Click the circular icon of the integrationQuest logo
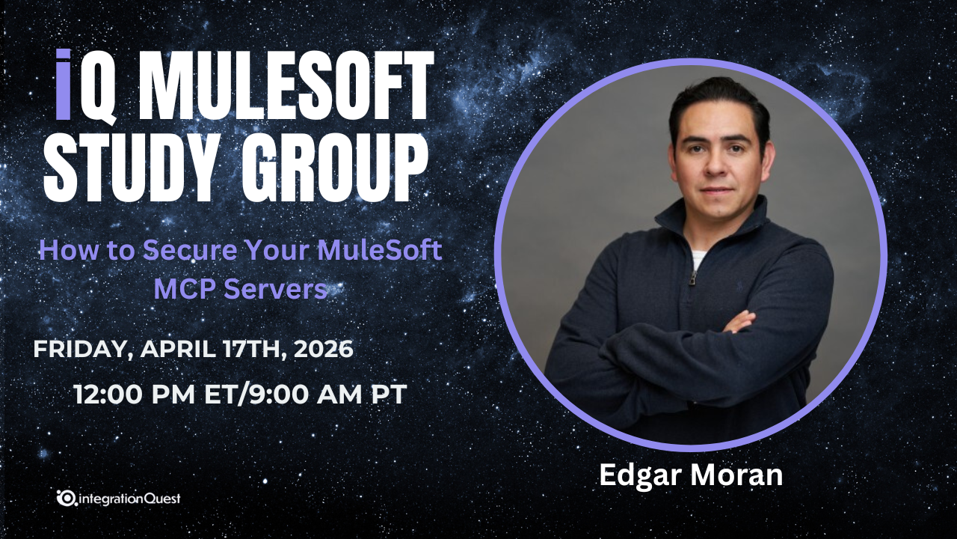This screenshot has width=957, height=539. coord(67,498)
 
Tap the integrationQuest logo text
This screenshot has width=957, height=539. coord(129,498)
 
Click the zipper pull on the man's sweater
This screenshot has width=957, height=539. coord(693,278)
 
